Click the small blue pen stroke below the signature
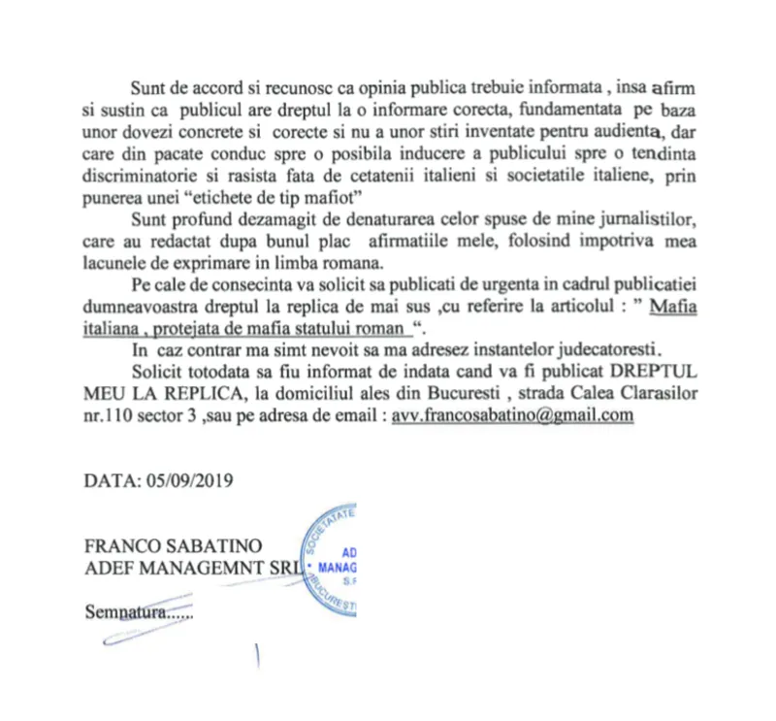pyautogui.click(x=257, y=658)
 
